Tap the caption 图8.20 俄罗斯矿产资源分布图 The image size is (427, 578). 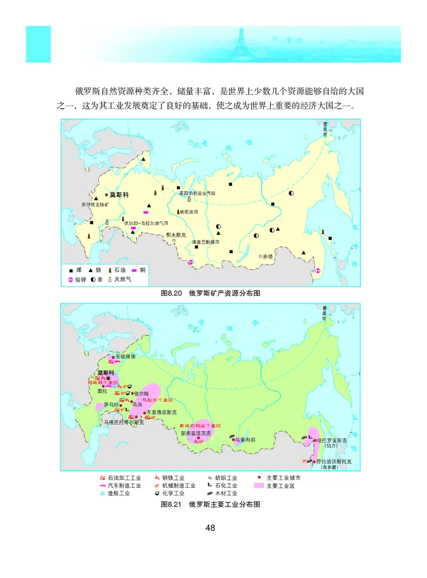[x=210, y=293]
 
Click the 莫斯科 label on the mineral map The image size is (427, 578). [x=118, y=195]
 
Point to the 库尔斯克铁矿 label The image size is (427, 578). [x=94, y=204]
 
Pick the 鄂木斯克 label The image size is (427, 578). [x=176, y=235]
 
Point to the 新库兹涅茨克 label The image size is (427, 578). [x=195, y=433]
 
